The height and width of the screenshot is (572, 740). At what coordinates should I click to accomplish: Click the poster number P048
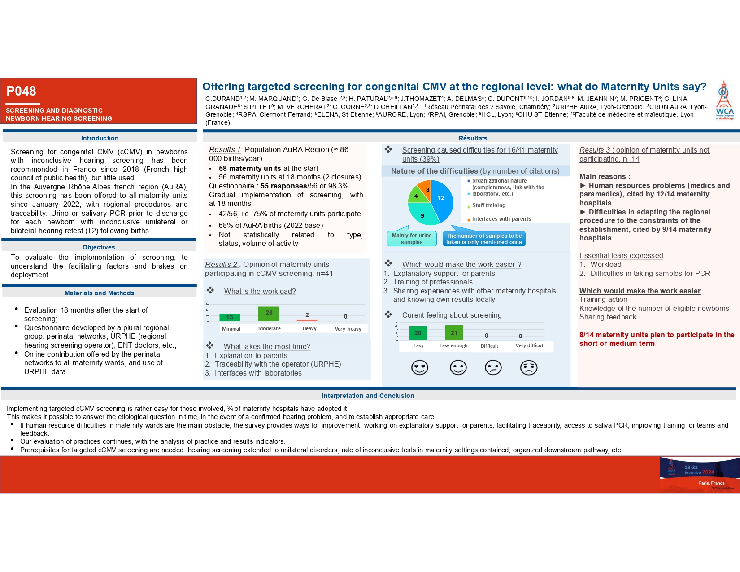(21, 91)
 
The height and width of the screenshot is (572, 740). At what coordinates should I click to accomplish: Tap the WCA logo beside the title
(724, 100)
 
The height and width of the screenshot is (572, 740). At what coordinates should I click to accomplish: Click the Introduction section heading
(100, 138)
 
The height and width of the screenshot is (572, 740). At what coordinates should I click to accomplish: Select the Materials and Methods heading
(99, 293)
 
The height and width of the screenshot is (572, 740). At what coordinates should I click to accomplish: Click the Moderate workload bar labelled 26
(268, 314)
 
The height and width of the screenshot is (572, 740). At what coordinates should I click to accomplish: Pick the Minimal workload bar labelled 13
(230, 317)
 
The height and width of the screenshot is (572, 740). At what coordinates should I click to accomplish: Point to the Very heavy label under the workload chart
(348, 329)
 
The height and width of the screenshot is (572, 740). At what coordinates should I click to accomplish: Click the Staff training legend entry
(488, 205)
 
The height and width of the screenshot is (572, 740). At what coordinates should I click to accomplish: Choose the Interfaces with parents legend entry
(501, 219)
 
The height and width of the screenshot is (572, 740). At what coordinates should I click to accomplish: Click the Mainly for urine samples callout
(411, 239)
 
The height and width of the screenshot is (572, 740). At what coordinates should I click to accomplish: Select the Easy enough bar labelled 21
(454, 333)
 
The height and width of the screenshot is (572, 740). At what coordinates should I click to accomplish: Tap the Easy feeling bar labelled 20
(418, 333)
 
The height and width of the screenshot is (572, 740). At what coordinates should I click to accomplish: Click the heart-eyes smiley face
(419, 367)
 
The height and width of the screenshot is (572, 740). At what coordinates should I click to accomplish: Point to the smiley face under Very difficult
(529, 367)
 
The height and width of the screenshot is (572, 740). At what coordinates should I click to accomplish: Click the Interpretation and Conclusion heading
(368, 396)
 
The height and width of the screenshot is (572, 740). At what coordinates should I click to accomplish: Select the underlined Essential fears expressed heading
(621, 255)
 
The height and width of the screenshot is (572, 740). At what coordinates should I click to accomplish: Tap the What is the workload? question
(260, 291)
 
